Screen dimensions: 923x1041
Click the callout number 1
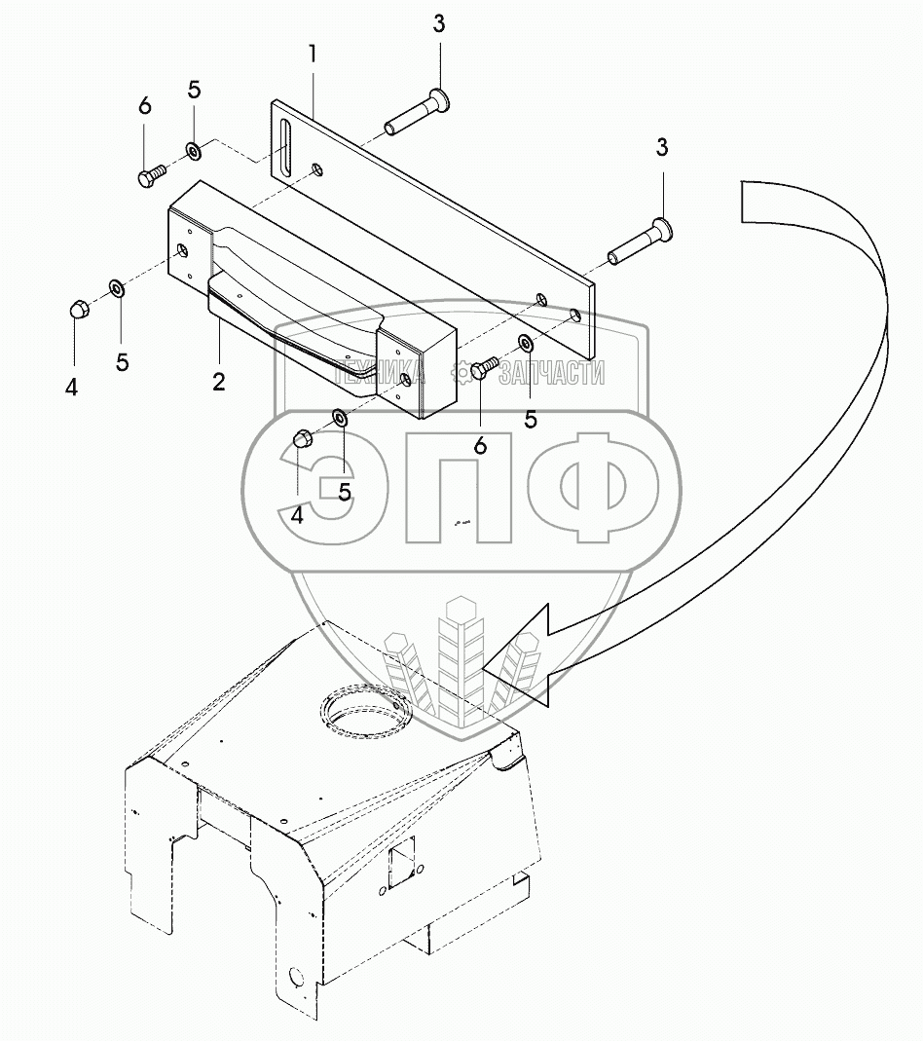[x=313, y=55]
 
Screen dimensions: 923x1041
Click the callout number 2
[x=219, y=381]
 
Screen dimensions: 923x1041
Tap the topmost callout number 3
[x=439, y=23]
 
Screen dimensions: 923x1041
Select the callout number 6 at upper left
[x=145, y=105]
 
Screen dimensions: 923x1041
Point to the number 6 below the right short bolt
[x=480, y=445]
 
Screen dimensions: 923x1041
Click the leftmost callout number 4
[x=72, y=387]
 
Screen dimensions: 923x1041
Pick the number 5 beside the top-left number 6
[x=194, y=90]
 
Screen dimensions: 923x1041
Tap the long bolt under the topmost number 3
[x=418, y=112]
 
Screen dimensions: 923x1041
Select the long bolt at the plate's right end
[x=641, y=242]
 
